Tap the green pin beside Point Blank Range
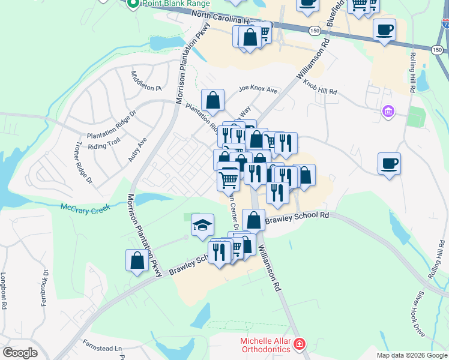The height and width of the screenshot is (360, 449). click(x=133, y=3)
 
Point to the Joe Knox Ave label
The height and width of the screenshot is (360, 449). click(x=258, y=90)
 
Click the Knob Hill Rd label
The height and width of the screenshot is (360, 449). click(x=320, y=88)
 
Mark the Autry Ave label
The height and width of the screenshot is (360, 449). click(x=137, y=149)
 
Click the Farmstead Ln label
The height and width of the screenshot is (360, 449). click(x=101, y=347)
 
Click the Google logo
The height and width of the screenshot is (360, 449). click(x=20, y=353)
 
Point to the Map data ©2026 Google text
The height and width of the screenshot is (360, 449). click(x=412, y=355)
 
